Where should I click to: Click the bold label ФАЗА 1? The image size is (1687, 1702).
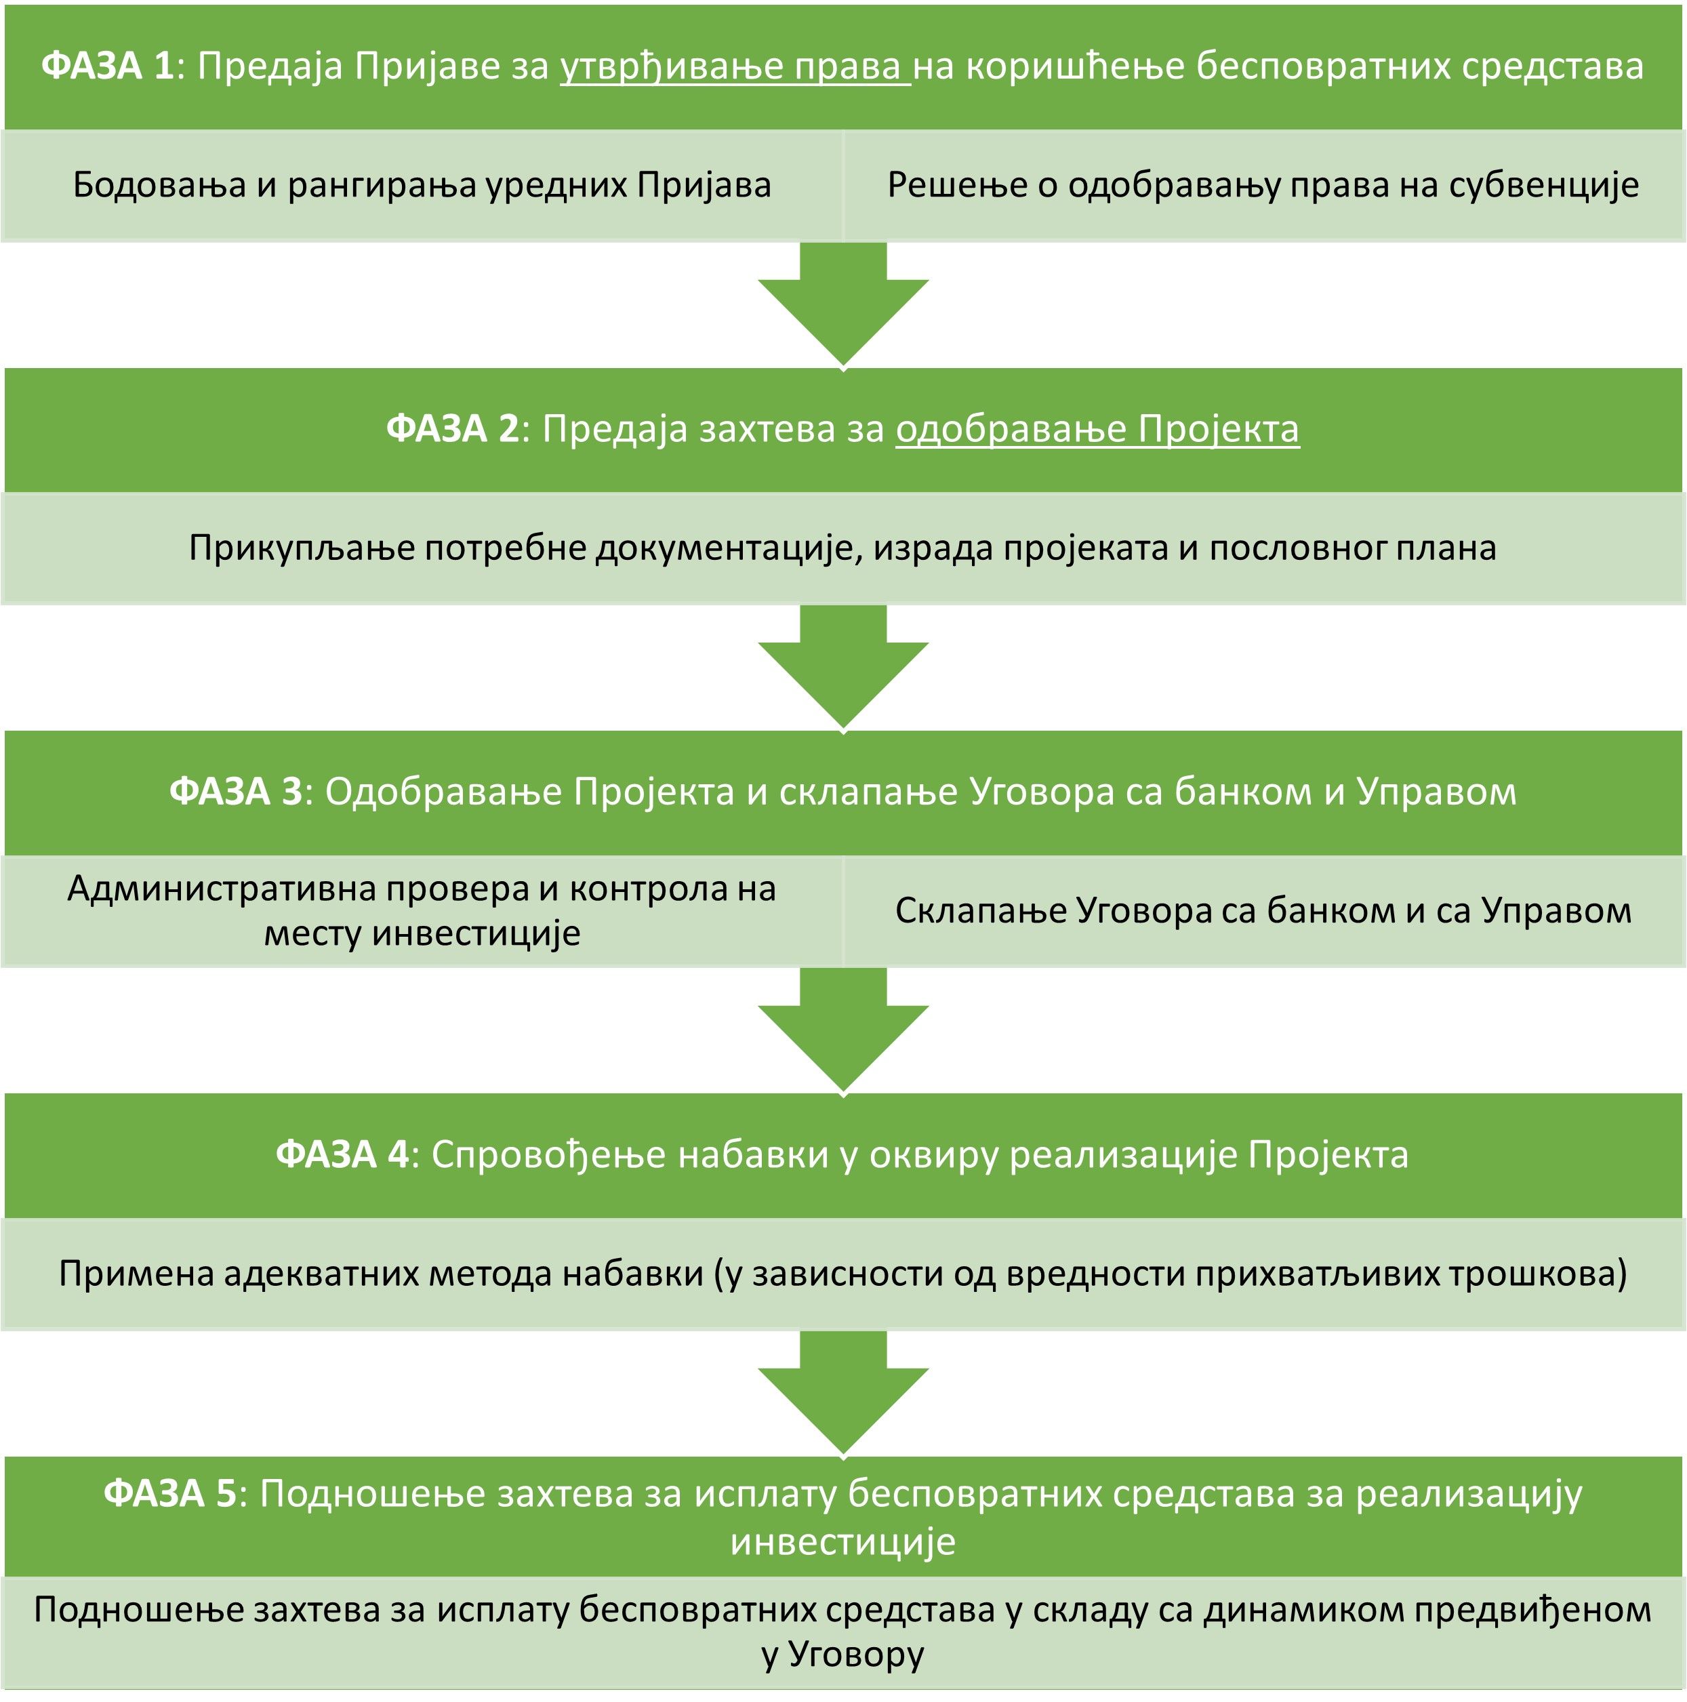108,66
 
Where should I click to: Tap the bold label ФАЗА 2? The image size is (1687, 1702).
453,429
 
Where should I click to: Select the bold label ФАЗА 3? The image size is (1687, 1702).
235,791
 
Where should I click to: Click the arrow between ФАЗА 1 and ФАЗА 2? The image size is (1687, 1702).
843,304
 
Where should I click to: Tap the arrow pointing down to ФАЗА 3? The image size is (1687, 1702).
843,667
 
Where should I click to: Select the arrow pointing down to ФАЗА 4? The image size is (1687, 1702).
843,1030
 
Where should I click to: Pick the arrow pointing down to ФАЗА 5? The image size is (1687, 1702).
843,1393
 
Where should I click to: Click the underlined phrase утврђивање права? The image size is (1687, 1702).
735,66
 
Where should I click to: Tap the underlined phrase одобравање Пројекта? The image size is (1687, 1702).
1097,429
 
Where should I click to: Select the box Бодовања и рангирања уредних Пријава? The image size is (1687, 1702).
422,185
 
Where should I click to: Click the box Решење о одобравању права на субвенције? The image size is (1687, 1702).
1263,185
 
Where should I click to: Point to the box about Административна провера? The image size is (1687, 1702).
422,911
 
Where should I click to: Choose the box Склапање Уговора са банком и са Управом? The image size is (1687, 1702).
1263,911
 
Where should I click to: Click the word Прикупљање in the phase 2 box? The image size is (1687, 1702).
302,548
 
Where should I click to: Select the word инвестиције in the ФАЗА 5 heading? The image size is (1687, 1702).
843,1541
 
